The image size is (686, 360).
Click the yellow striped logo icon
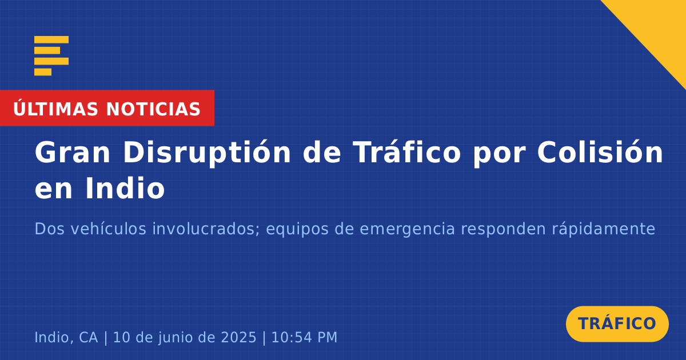point(51,56)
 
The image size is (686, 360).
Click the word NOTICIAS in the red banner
point(153,109)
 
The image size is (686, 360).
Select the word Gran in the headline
point(72,153)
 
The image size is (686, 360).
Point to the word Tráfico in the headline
point(406,151)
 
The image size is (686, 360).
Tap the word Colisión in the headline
point(600,151)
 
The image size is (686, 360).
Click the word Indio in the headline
point(125,188)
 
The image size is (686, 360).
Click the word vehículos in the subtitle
point(109,229)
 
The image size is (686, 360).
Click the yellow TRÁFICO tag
point(617,324)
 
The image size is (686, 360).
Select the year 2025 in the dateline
point(238,337)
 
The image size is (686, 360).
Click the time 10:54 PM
point(304,337)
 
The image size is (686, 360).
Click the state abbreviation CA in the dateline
point(89,337)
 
